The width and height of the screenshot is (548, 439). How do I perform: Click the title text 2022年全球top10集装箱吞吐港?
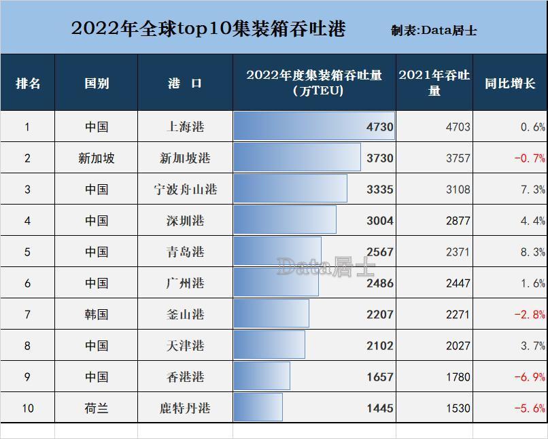[x=208, y=29]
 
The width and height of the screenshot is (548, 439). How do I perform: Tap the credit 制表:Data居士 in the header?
[x=434, y=31]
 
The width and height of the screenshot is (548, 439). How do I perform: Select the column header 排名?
[x=28, y=84]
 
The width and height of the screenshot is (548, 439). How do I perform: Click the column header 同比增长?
[x=509, y=84]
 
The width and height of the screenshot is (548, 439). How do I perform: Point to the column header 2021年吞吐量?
[x=434, y=82]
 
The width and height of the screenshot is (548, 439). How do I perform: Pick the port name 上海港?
[x=185, y=127]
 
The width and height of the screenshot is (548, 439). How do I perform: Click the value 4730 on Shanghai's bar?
[x=379, y=127]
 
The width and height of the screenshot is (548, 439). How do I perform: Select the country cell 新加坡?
[x=96, y=158]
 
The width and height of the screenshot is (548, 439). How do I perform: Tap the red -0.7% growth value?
[x=530, y=158]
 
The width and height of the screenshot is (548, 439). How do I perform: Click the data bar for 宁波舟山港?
[x=290, y=189]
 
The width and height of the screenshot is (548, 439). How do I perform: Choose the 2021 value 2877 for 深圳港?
[x=458, y=221]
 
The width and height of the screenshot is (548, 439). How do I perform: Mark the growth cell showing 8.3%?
[x=532, y=252]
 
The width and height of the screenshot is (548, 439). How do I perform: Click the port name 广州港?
[x=185, y=283]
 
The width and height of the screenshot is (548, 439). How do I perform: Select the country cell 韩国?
[x=96, y=315]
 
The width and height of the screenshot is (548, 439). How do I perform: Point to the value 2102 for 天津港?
[x=379, y=346]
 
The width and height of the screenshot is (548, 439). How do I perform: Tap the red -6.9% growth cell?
[x=530, y=377]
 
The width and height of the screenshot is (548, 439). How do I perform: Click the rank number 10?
[x=27, y=408]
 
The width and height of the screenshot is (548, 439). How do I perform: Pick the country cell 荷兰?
[x=96, y=408]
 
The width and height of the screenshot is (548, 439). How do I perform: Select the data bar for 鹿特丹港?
[x=258, y=408]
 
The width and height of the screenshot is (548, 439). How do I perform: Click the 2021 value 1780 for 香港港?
[x=458, y=377]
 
